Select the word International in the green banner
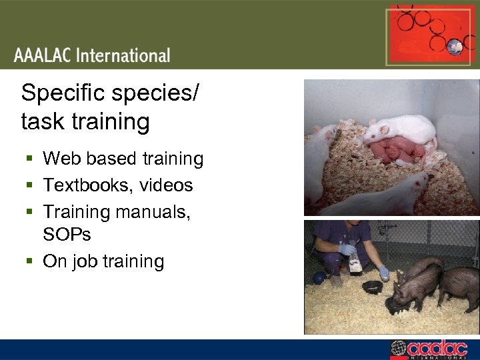(123, 55)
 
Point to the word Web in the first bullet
(59, 159)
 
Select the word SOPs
(67, 234)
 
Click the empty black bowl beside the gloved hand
(371, 286)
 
